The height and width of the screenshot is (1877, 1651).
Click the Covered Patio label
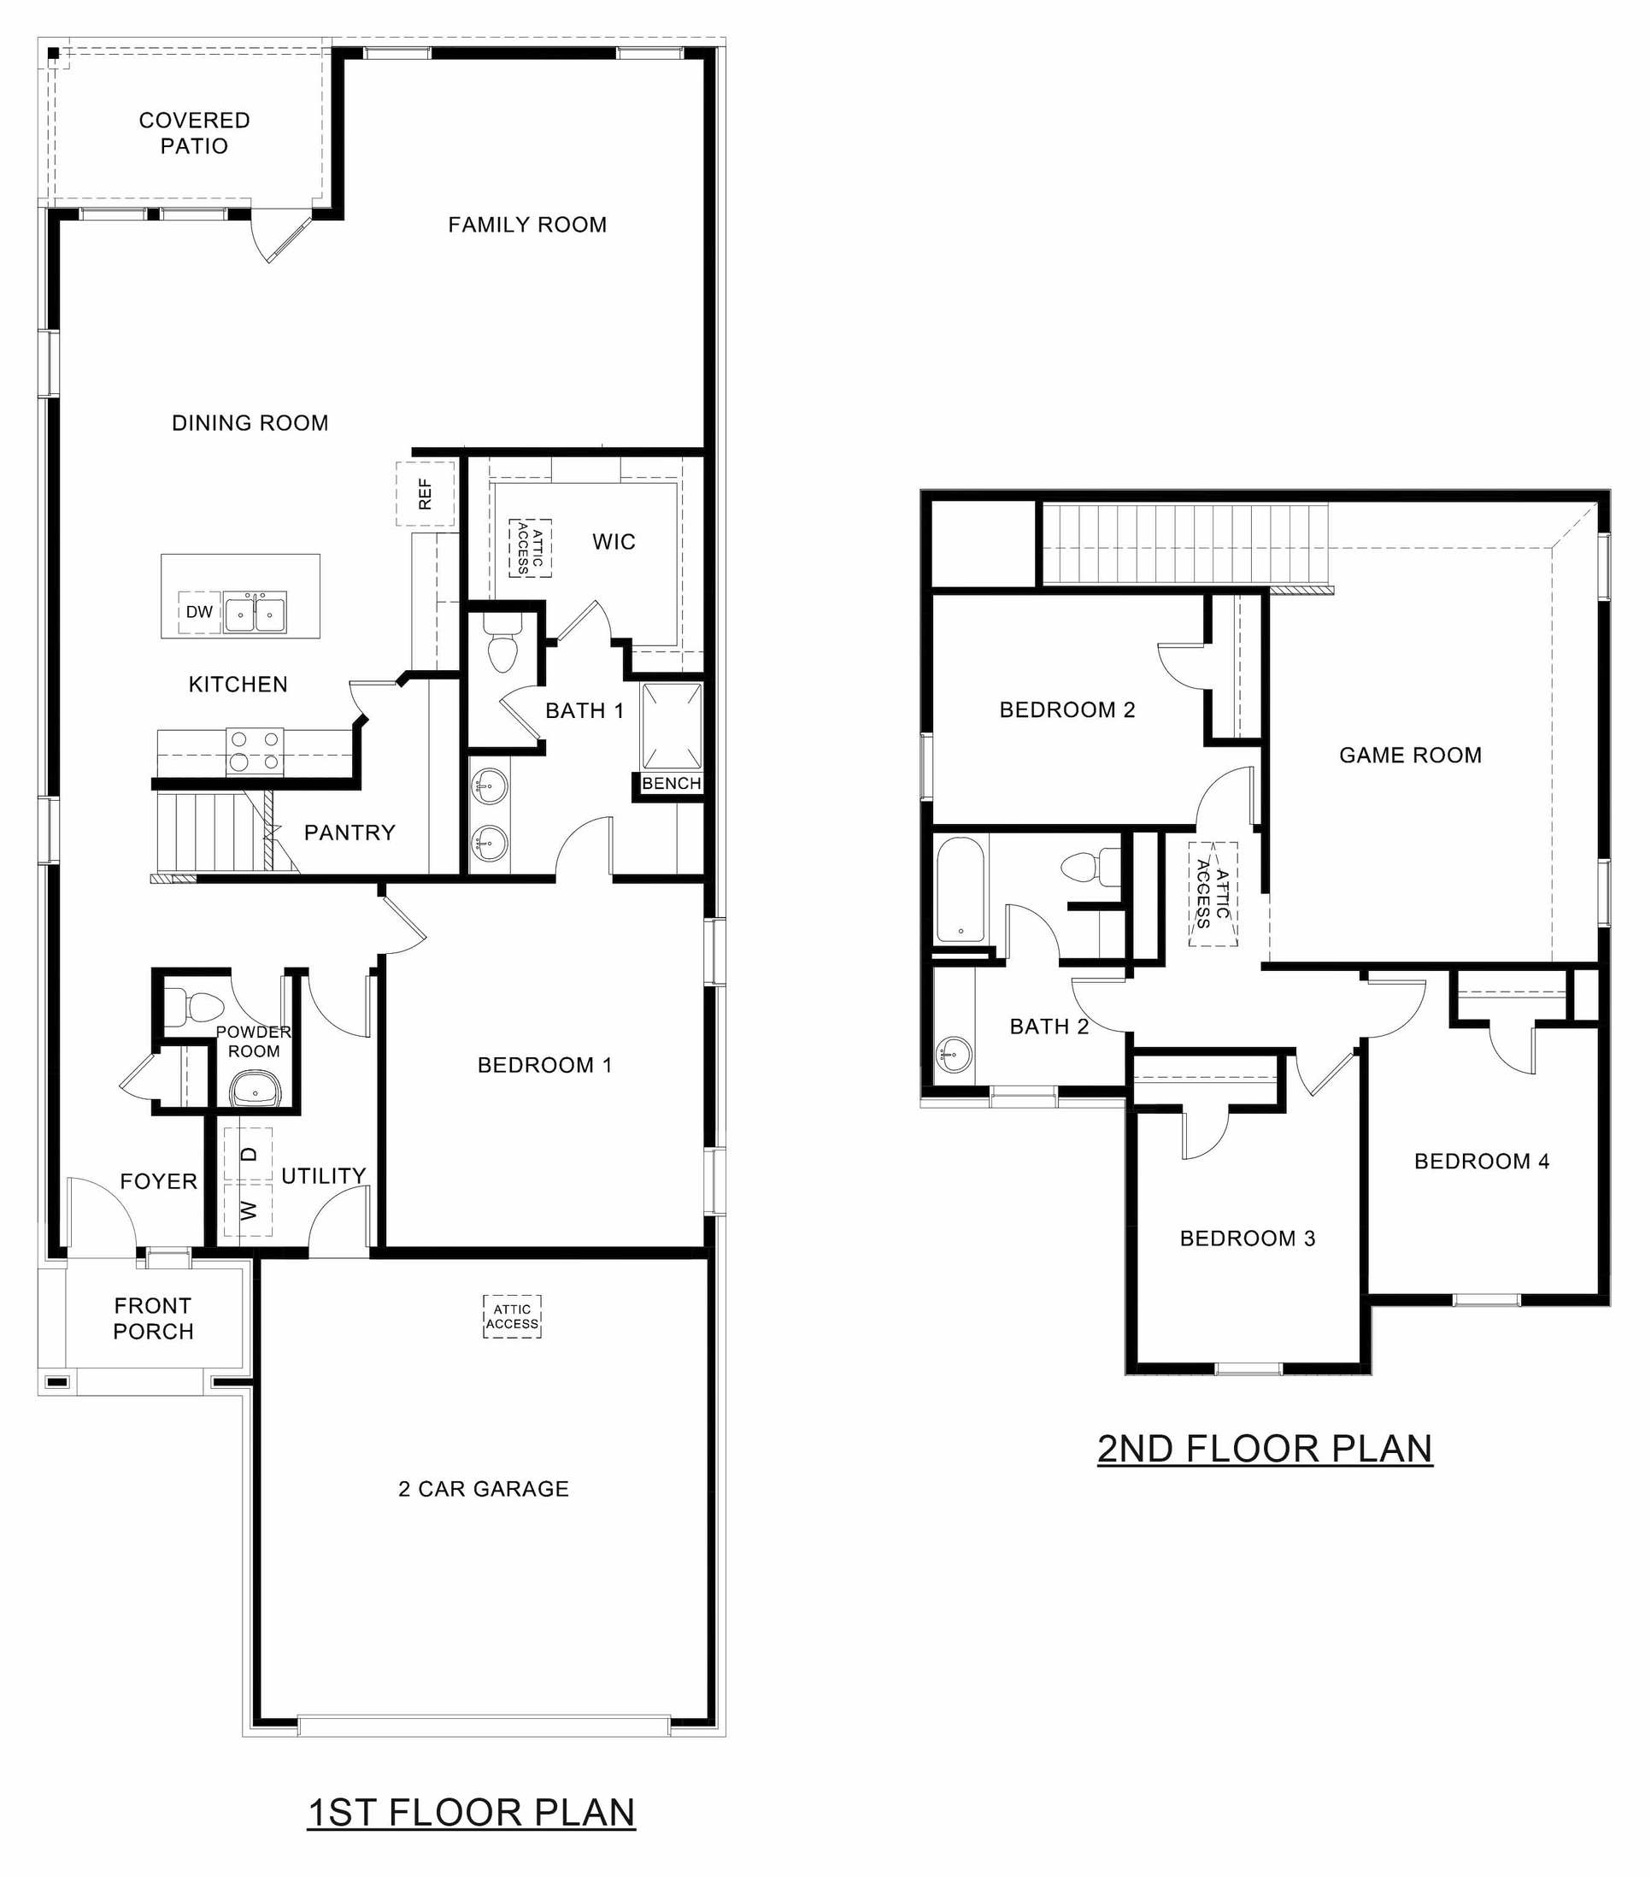click(x=194, y=133)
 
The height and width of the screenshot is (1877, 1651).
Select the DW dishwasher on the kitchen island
click(x=199, y=613)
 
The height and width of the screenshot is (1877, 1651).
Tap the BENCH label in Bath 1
click(x=671, y=783)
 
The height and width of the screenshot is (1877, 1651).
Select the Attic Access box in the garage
click(x=512, y=1316)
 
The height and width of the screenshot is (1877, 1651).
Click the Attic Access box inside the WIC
click(x=531, y=548)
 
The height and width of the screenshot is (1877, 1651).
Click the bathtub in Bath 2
click(x=961, y=890)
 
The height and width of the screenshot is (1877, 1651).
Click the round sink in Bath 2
click(x=955, y=1053)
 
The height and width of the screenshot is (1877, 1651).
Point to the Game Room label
click(x=1409, y=755)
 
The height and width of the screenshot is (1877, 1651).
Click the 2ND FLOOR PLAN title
click(x=1265, y=1448)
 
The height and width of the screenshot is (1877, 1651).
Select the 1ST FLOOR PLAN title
click(x=471, y=1812)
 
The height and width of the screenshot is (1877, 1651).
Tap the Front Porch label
click(x=153, y=1318)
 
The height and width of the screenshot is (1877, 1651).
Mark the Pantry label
click(x=350, y=832)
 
